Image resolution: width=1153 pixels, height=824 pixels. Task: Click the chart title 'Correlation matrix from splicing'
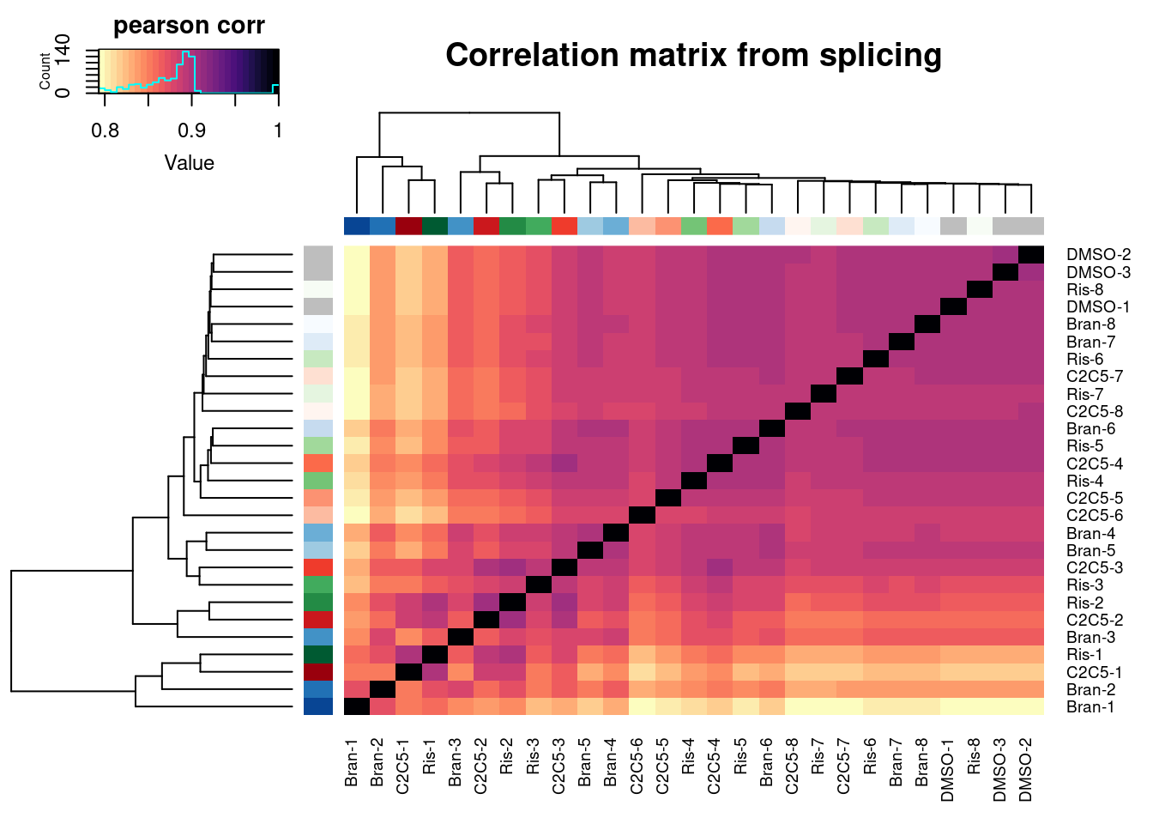(693, 56)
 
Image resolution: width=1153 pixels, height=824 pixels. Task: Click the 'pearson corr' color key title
(189, 26)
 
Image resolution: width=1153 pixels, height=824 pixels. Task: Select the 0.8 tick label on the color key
(105, 130)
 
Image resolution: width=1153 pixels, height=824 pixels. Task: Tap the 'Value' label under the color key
(189, 163)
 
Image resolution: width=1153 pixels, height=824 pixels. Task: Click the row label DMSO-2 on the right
(1098, 255)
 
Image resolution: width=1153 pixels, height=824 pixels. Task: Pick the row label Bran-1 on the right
(1090, 707)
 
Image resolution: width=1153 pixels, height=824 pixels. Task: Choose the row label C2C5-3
(1094, 567)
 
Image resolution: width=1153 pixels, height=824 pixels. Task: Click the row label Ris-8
(1085, 289)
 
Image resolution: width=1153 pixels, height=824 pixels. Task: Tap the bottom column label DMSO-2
(1026, 769)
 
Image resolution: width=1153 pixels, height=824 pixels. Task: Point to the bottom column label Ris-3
(533, 760)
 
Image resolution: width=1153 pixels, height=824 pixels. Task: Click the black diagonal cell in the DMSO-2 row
(1030, 255)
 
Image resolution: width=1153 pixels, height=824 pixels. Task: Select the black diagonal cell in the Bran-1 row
(357, 706)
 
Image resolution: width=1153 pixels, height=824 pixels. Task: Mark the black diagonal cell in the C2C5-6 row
(642, 515)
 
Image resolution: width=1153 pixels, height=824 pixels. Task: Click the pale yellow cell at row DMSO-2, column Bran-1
(357, 255)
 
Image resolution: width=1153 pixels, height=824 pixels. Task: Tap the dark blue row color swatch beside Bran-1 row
(317, 706)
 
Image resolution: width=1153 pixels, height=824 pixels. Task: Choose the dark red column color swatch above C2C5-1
(408, 227)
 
